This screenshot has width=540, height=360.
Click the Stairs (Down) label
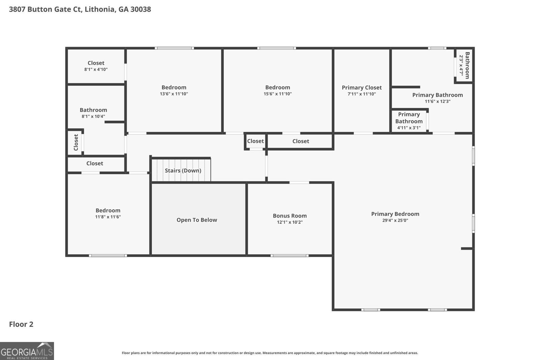[x=183, y=171]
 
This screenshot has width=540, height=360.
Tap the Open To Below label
[x=197, y=220]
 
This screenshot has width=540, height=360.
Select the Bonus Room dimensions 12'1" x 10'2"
[x=290, y=222]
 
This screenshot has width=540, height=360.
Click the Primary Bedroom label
[x=395, y=214]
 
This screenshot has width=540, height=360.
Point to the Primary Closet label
[x=361, y=88]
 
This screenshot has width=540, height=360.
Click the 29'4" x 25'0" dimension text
[x=395, y=220]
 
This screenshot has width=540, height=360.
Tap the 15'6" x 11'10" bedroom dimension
[x=277, y=94]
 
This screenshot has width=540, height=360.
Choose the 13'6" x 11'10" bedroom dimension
[x=174, y=94]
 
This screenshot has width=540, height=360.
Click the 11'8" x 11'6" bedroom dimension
[x=108, y=217]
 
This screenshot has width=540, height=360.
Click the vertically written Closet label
[x=76, y=142]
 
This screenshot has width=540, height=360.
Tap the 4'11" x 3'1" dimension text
[x=409, y=128]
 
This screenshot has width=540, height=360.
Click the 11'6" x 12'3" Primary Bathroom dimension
[x=437, y=102]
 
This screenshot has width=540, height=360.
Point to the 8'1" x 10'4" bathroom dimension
[x=93, y=116]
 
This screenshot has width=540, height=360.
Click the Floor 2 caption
[x=21, y=324]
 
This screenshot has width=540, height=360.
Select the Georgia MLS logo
[x=27, y=351]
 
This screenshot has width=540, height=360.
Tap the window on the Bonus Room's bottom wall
[x=290, y=256]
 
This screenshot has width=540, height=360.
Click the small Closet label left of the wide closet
[x=255, y=141]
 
